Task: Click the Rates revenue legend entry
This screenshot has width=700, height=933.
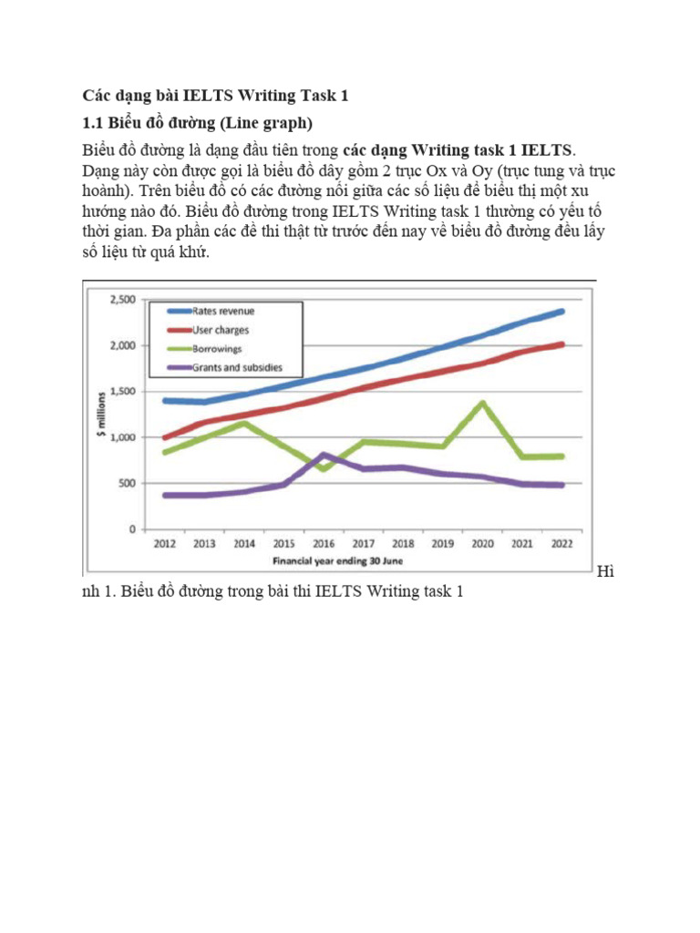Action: click(222, 312)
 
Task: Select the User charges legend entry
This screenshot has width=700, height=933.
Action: click(220, 330)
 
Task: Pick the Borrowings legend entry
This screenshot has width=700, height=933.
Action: click(216, 348)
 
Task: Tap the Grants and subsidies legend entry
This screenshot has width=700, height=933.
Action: click(237, 367)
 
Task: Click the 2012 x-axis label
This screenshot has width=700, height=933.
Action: click(164, 545)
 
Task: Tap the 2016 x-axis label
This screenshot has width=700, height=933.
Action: click(324, 545)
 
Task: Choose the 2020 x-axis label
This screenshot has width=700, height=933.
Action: click(482, 545)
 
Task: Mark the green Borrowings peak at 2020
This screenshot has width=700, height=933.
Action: click(482, 402)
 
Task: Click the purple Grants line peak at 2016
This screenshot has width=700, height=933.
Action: click(324, 454)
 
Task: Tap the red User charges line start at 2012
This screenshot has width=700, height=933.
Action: click(164, 437)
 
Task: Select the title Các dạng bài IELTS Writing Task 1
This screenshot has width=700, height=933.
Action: click(216, 95)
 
